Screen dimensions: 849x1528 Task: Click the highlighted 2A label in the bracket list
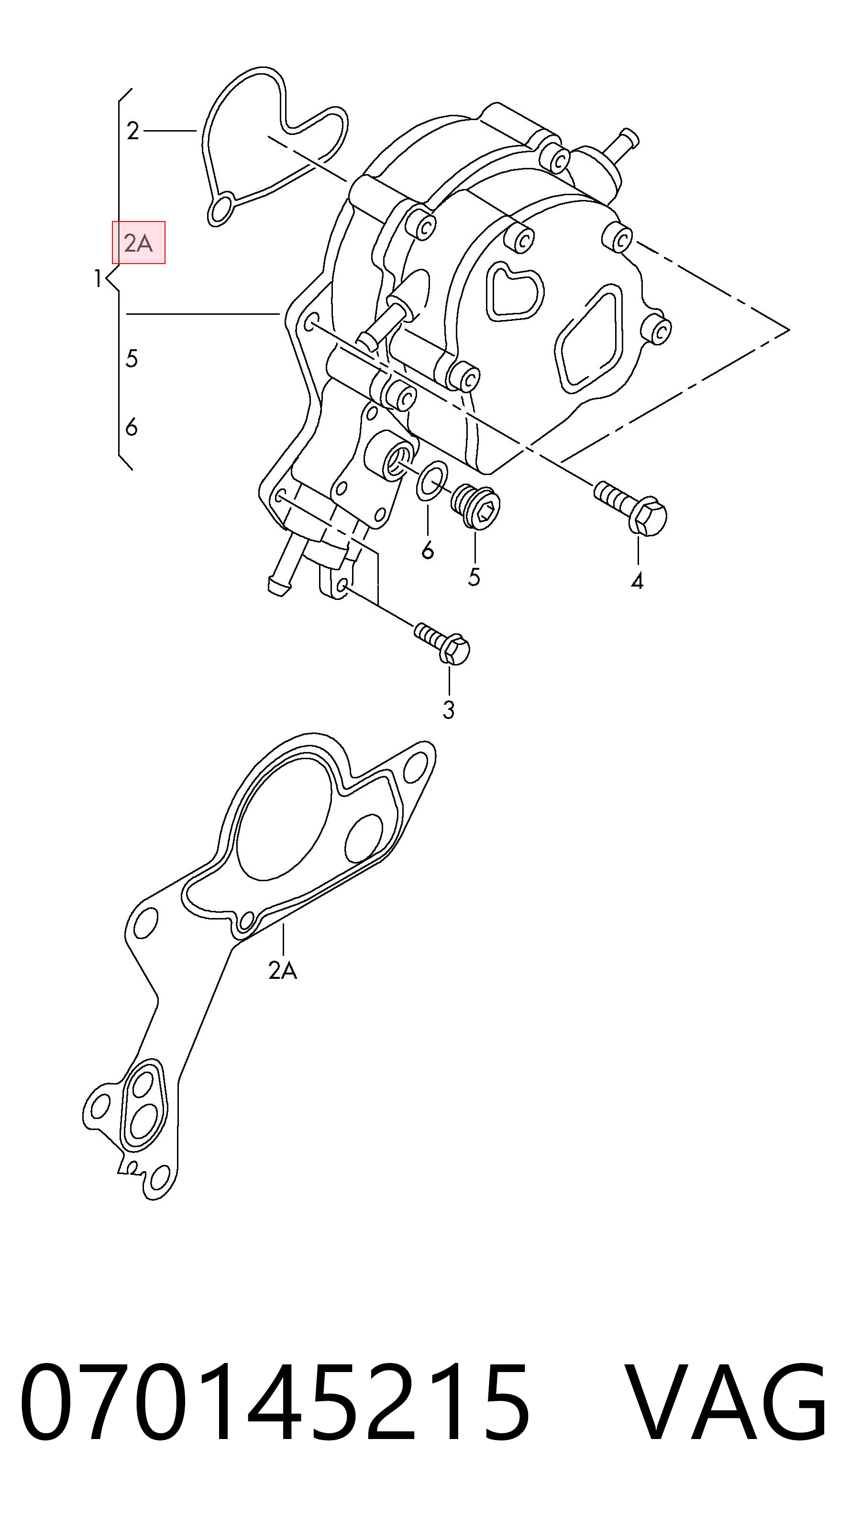point(138,243)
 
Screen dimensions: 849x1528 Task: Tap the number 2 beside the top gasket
point(132,131)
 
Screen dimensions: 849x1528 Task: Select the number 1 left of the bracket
point(98,278)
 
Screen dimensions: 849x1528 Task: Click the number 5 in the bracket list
point(132,358)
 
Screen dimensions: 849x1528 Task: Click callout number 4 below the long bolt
point(637,581)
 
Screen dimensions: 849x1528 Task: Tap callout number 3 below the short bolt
point(448,709)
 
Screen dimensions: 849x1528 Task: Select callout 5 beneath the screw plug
point(474,576)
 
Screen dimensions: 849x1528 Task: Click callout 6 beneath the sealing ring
point(428,551)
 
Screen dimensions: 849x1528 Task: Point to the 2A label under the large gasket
point(283,970)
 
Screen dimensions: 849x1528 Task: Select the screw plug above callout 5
point(475,507)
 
